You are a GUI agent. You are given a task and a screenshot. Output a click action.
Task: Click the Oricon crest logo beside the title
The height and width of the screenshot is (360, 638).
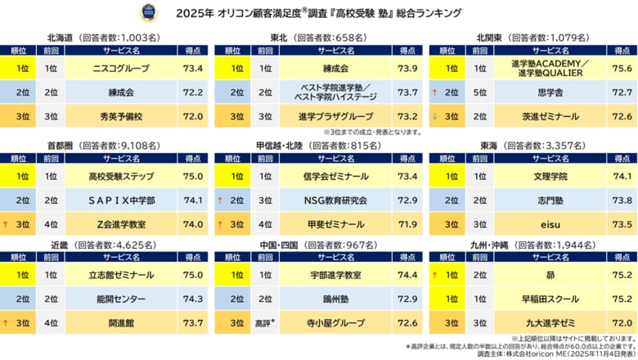click(170, 14)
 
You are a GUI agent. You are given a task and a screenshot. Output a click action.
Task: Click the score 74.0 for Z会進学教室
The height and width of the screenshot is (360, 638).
click(192, 223)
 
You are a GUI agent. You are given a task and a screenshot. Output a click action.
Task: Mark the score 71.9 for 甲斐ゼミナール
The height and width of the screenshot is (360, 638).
click(406, 223)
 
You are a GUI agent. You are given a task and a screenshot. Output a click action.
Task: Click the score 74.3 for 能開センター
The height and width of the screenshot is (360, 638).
click(192, 299)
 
